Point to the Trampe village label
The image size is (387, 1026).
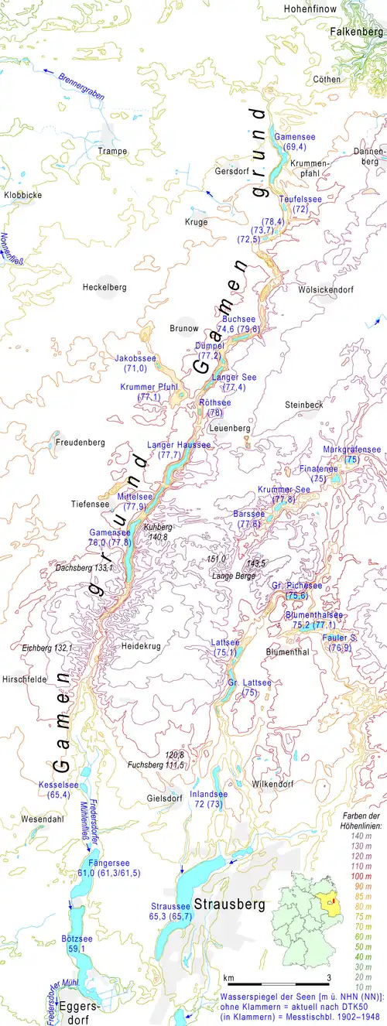point(112,151)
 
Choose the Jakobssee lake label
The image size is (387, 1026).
point(135,358)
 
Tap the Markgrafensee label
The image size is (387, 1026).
point(352,450)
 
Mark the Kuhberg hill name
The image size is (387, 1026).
point(158,527)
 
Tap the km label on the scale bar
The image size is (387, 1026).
point(228,978)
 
